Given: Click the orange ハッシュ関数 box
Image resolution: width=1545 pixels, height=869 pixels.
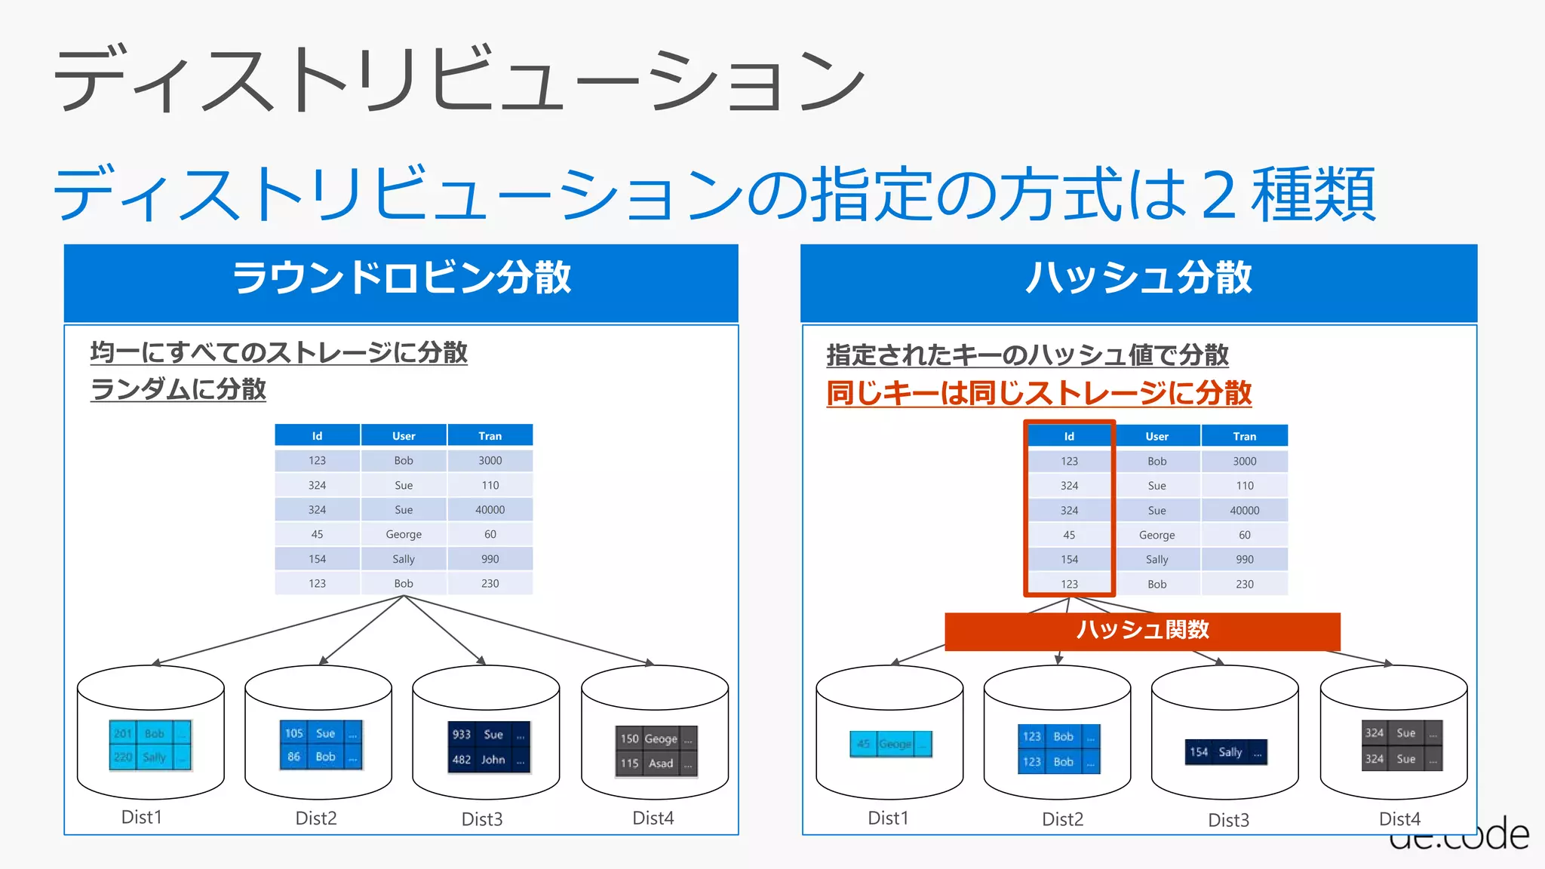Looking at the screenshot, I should point(1142,631).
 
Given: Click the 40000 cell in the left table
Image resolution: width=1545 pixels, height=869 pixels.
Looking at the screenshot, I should point(490,510).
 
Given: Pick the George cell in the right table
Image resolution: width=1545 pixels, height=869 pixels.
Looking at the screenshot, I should point(1156,535).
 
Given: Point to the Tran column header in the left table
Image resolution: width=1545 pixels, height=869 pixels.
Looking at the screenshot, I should point(490,435).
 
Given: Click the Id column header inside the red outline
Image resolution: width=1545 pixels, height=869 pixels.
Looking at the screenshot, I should point(1069,436).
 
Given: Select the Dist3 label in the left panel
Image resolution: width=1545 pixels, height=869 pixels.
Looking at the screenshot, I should point(482,819).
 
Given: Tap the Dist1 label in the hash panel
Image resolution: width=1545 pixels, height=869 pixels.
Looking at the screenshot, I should point(888,818).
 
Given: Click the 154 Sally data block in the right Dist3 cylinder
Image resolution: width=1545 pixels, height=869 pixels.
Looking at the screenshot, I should point(1226,752).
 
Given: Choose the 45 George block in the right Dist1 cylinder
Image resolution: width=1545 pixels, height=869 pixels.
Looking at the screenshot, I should point(891,744).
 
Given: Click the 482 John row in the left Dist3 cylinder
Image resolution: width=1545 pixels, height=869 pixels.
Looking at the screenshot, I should point(488,760).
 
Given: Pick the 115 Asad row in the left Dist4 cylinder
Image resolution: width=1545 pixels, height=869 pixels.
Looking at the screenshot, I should point(656,763).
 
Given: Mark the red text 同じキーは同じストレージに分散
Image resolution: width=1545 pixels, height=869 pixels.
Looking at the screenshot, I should point(1039,393).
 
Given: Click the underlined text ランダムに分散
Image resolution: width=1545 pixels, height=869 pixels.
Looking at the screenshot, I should point(178,389).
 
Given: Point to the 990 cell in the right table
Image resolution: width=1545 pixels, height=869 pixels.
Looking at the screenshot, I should point(1245,560).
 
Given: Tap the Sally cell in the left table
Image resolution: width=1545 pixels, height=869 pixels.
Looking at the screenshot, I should point(404,559).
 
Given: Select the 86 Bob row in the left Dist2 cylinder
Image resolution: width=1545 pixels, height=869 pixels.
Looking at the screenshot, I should point(321,757).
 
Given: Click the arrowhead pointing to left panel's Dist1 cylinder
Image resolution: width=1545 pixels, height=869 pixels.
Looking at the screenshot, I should point(156,663).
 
